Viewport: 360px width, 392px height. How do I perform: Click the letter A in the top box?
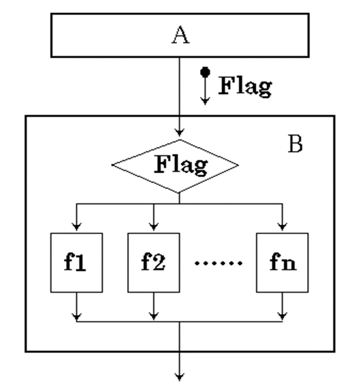[x=180, y=36]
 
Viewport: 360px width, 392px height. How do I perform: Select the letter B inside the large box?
[x=295, y=145]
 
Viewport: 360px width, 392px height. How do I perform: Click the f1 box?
[x=76, y=263]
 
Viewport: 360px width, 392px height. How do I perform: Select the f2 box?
[x=153, y=263]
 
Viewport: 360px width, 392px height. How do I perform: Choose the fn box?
[x=282, y=263]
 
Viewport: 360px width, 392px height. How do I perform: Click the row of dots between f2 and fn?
[x=219, y=264]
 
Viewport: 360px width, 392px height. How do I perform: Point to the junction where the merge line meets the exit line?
[x=180, y=321]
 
